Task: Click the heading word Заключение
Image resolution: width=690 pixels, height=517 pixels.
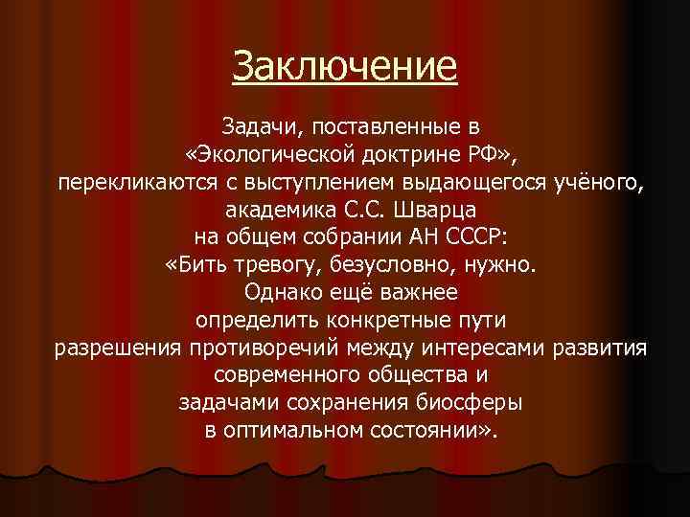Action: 345,67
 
